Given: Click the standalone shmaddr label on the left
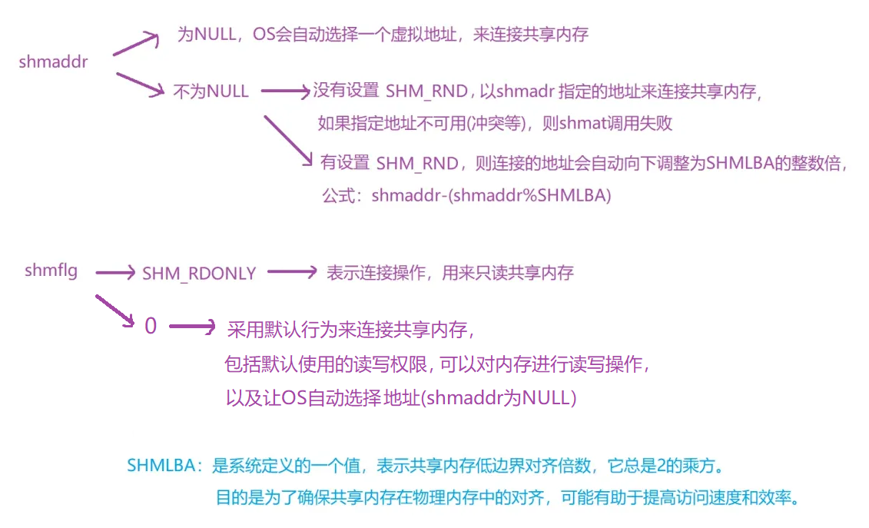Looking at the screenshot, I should [x=53, y=62].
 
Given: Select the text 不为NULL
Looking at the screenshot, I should [x=211, y=91].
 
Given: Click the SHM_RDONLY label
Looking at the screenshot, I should [x=199, y=274].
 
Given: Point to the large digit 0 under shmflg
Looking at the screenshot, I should [x=151, y=326].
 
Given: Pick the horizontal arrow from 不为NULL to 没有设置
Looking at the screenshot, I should [x=285, y=91].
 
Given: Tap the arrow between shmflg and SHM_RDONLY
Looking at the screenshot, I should [x=114, y=271].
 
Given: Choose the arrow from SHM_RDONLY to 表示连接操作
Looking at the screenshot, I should [x=291, y=271].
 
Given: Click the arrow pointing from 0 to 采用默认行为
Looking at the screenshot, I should [x=192, y=327].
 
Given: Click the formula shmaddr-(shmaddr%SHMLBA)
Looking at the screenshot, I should [x=491, y=195].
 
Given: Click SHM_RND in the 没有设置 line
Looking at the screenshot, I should [x=426, y=91].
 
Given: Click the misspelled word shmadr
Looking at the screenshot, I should [x=526, y=91].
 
